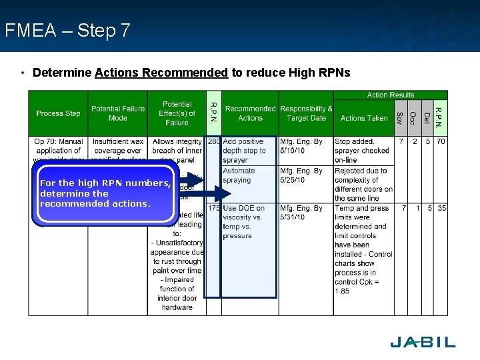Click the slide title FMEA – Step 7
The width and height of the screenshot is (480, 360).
tap(67, 31)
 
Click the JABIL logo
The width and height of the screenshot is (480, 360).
tap(422, 342)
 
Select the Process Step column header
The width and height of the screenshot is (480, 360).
tap(58, 113)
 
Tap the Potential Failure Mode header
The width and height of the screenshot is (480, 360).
tap(117, 113)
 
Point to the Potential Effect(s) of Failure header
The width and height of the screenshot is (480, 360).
tap(177, 113)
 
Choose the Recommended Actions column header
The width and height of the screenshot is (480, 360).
tap(250, 113)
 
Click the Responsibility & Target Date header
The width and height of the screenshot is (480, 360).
tap(306, 113)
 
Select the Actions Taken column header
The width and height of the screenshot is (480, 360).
tap(363, 118)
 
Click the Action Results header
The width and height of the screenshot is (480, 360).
tap(390, 95)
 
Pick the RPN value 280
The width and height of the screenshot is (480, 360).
tap(214, 142)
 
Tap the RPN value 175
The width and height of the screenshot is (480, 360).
tap(214, 209)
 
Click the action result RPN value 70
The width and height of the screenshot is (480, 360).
tap(441, 142)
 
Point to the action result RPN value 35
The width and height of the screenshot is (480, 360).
tap(441, 209)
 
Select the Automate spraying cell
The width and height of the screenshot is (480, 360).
tap(239, 175)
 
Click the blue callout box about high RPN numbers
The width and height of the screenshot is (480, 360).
tap(105, 193)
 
